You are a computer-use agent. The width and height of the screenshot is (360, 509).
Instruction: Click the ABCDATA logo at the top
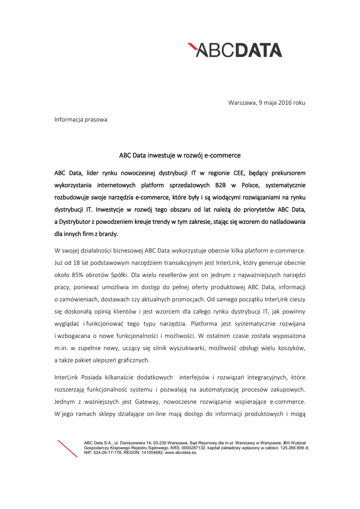[x=235, y=50]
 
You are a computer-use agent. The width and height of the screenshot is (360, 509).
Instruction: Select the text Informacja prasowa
[x=81, y=120]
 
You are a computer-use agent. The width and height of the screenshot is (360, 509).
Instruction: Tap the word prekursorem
[x=285, y=173]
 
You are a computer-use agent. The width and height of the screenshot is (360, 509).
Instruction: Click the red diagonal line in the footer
[x=68, y=448]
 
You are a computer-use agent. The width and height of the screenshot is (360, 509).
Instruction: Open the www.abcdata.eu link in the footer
[x=180, y=452]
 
